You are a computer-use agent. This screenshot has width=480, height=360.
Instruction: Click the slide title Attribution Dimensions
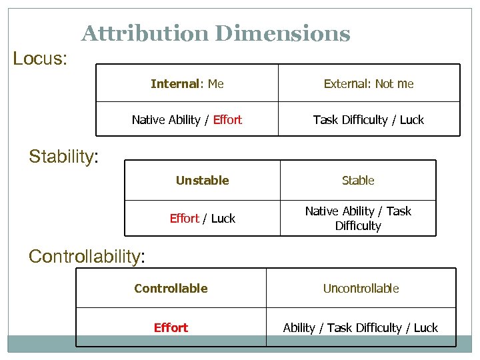point(215,33)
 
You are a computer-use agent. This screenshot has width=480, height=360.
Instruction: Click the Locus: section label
point(40,59)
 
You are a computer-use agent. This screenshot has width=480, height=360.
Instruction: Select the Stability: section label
point(64,157)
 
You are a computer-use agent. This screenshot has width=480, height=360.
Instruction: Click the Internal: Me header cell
point(187,83)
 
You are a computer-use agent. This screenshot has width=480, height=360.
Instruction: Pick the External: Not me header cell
point(369,83)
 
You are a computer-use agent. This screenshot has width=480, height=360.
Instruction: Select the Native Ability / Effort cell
point(187,120)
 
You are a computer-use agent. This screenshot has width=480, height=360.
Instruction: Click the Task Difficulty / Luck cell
point(369,120)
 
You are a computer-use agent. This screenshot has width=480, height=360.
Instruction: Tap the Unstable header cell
point(202,181)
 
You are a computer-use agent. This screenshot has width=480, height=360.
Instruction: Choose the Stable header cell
point(358,181)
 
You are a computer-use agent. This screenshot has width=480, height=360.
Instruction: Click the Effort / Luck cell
point(202,219)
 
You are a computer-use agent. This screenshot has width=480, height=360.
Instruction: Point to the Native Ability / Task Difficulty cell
point(358,219)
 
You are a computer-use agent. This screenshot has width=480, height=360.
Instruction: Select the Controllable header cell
point(171,289)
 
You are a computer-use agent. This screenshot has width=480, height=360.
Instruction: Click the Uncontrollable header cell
point(361,289)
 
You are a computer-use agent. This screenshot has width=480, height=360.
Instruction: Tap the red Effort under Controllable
point(171,328)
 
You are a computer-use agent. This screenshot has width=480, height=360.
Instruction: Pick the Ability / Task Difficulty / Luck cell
point(361,328)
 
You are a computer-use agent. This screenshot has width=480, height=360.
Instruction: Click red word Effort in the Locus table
point(227,120)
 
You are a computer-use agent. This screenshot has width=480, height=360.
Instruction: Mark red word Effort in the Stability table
point(185,219)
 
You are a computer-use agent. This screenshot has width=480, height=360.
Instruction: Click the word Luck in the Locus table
point(412,120)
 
